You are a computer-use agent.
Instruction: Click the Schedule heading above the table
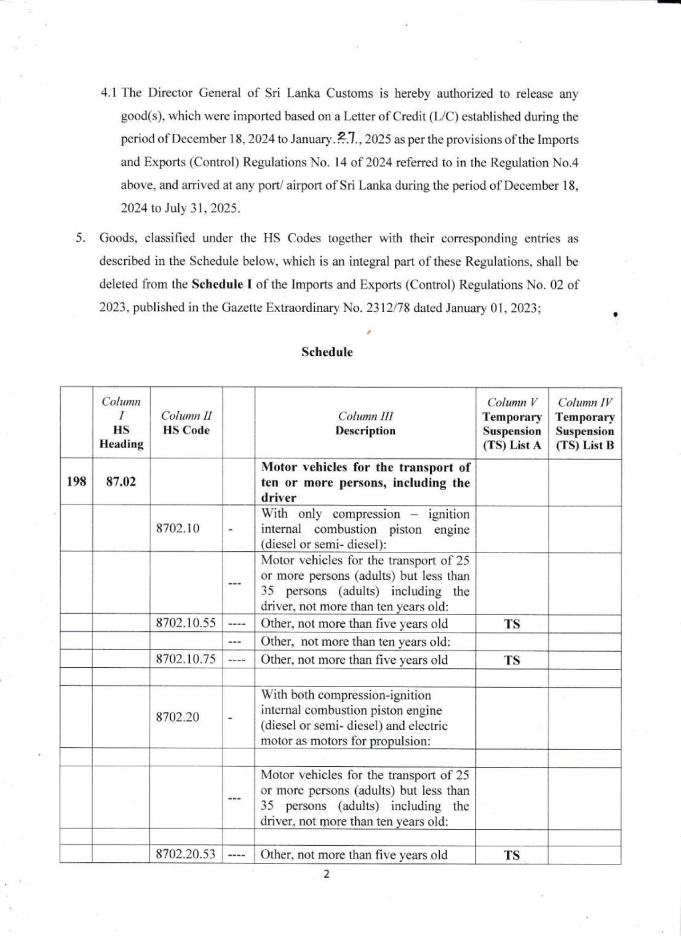(327, 352)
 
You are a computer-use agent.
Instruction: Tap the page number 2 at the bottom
(326, 874)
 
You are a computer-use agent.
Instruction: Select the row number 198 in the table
(76, 482)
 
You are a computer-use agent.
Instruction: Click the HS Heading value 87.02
(121, 482)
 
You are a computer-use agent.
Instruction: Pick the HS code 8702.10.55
(186, 623)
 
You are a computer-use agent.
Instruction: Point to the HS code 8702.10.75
(186, 659)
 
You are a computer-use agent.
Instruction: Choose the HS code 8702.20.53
(186, 854)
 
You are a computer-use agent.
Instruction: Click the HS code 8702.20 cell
(178, 717)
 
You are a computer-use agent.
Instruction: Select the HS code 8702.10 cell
(178, 528)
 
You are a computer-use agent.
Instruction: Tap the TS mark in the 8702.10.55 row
(512, 624)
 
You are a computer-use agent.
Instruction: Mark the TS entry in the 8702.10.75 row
(512, 660)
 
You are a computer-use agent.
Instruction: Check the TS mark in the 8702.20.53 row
(512, 855)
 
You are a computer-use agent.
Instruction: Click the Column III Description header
(365, 423)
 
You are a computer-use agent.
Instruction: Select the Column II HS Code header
(186, 423)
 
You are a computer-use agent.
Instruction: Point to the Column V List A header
(512, 424)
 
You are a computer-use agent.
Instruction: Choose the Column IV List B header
(585, 424)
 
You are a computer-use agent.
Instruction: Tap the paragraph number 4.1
(108, 93)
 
